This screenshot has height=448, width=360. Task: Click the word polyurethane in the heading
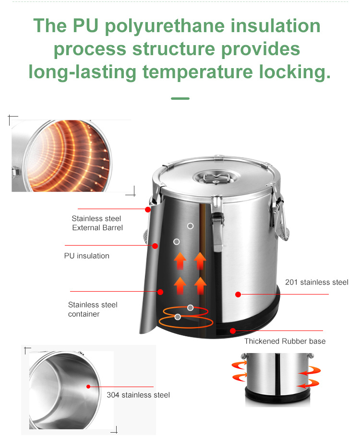[x=165, y=26]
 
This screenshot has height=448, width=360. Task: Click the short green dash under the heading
[x=180, y=99]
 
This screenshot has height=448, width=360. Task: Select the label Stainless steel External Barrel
[x=97, y=223]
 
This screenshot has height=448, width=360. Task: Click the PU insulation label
[x=87, y=256]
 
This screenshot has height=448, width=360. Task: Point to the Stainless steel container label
[x=93, y=309]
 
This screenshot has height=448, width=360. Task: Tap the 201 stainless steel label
[x=316, y=283]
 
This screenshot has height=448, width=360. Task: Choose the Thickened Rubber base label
[x=285, y=341]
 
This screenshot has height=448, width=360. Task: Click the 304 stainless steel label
[x=138, y=395]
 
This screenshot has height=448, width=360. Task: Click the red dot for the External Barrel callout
[x=148, y=210]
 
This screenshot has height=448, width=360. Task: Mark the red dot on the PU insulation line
[x=155, y=246]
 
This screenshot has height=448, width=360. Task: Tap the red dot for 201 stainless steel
[x=238, y=295]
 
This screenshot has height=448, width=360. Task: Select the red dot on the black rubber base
[x=233, y=331]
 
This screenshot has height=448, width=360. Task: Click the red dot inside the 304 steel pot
[x=88, y=387]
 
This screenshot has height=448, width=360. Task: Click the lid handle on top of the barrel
[x=216, y=178]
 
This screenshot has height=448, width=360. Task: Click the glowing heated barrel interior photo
[x=61, y=156]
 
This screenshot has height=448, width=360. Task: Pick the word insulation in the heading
[x=276, y=26]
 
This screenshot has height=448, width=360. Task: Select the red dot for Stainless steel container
[x=160, y=292]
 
